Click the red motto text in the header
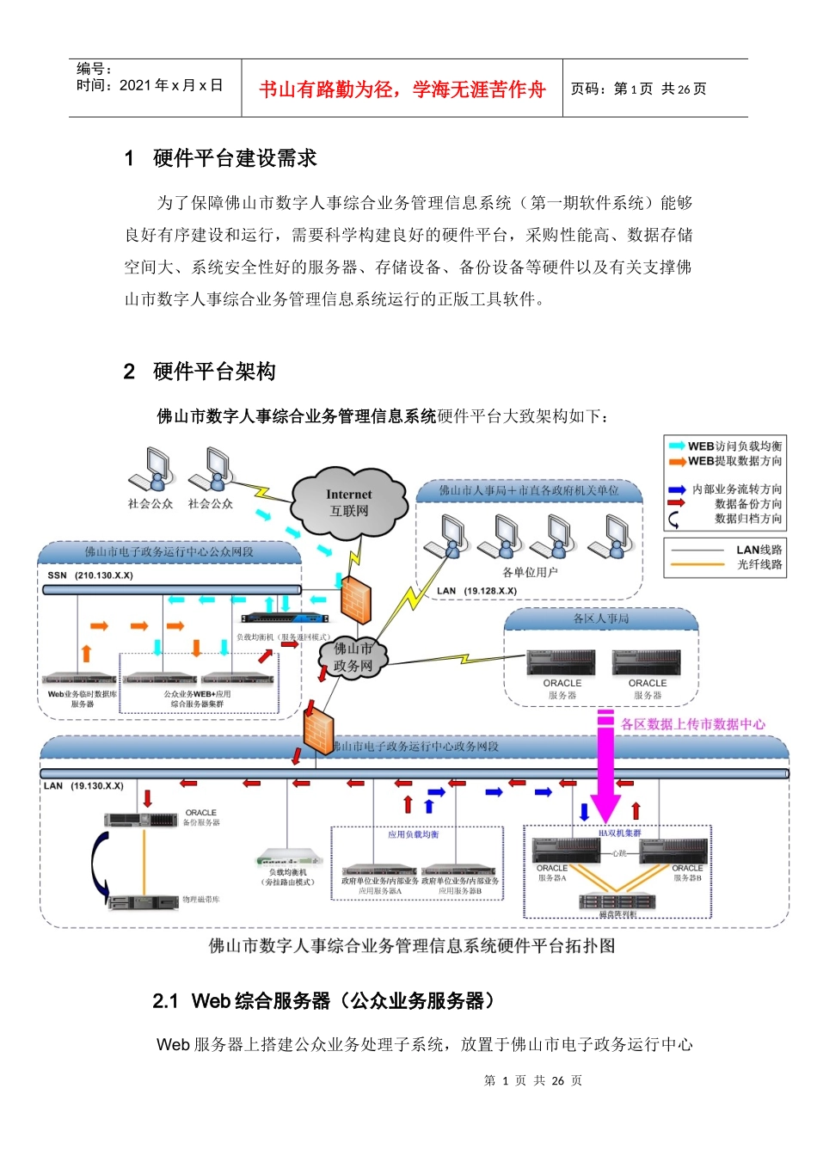coord(402,89)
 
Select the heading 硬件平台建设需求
coord(234,158)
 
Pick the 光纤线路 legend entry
coord(759,564)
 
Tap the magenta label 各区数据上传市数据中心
coord(692,724)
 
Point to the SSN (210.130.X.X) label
coord(90,575)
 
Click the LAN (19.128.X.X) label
coord(476,591)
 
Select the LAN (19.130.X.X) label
coord(83,786)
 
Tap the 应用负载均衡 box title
coord(413,834)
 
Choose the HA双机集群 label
coord(619,833)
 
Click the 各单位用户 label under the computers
coord(530,572)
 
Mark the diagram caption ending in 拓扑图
coord(412,946)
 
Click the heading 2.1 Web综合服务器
coord(325,1001)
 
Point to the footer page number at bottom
coord(532,1081)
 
